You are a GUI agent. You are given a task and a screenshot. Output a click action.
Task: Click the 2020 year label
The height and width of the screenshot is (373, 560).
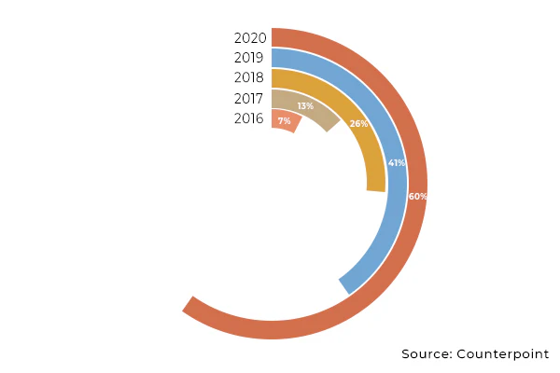(x=250, y=38)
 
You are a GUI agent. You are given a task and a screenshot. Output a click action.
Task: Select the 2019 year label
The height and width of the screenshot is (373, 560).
(x=250, y=58)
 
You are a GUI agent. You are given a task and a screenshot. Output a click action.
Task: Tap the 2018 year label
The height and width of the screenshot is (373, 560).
(x=250, y=78)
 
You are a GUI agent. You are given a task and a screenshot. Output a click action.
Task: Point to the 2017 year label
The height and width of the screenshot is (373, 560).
(x=250, y=99)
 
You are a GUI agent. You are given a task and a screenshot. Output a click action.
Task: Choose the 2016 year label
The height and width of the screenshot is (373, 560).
(x=250, y=118)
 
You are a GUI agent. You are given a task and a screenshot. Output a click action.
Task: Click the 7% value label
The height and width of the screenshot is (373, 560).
(x=284, y=121)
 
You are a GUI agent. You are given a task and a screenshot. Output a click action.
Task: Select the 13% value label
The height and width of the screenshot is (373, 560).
(x=305, y=106)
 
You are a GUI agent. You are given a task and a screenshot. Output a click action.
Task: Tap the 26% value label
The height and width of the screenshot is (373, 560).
(x=358, y=123)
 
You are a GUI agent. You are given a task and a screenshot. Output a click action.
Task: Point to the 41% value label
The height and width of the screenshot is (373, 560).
(x=397, y=163)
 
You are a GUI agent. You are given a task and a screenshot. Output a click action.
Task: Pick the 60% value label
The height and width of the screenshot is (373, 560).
(x=417, y=196)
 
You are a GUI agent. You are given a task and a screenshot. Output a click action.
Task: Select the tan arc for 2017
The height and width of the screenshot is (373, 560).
(x=317, y=111)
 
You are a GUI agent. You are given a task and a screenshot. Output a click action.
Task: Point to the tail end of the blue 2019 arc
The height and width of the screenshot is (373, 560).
(x=345, y=286)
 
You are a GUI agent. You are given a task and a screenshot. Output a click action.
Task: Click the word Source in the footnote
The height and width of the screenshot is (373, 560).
(x=426, y=354)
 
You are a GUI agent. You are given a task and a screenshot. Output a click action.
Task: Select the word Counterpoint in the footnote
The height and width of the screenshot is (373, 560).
(x=503, y=354)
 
